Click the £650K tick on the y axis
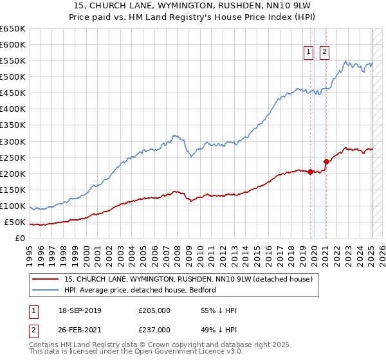(13, 29)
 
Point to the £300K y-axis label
(13, 141)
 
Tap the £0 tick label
(19, 239)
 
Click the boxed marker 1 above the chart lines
(309, 53)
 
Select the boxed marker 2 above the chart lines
(324, 53)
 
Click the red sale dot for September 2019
(310, 172)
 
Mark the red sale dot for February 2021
(326, 161)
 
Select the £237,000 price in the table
(154, 330)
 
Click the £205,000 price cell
(154, 310)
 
